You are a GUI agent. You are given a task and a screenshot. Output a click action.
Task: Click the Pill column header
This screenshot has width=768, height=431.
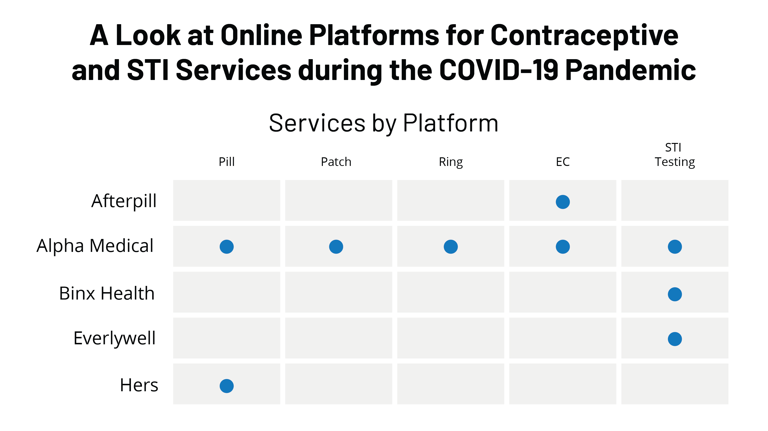[227, 162]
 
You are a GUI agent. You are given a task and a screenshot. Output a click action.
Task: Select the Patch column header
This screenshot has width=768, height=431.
[336, 162]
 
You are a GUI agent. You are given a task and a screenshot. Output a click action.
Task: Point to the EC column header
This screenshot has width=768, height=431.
[563, 162]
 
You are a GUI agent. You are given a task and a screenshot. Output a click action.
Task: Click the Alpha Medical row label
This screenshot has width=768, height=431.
[95, 246]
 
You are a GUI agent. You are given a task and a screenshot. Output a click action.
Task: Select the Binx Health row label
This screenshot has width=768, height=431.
[107, 293]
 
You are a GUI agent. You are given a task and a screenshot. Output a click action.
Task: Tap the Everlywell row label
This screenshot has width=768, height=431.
[114, 339]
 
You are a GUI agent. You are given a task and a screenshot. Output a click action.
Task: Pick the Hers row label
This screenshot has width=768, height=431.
[139, 385]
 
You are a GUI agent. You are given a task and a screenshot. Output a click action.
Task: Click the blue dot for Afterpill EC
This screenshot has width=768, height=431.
[563, 202]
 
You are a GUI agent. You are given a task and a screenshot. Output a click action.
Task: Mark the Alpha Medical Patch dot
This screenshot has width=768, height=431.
[336, 247]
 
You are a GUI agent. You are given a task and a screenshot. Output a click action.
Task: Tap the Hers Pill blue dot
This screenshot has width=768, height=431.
[227, 386]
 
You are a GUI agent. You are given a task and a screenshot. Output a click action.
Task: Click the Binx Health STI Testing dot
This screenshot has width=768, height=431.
[675, 294]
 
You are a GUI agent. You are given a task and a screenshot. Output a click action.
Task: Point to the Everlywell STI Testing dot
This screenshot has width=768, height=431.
[675, 339]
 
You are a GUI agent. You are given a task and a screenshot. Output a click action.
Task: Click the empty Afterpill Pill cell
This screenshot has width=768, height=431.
[227, 200]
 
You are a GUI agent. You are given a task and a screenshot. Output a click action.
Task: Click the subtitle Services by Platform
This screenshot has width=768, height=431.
[384, 123]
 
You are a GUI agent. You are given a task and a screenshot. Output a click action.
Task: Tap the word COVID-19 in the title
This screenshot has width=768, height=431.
[499, 70]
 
